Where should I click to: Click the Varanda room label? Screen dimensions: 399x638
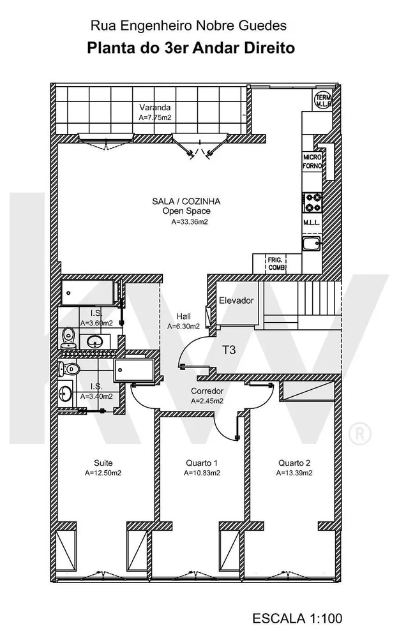point(154,107)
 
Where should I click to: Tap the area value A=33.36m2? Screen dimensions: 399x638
point(190,222)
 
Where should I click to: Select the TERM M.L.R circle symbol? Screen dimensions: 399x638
point(324,100)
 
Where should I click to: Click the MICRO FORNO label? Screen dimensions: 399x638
point(312,161)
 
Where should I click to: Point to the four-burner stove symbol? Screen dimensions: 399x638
point(313,203)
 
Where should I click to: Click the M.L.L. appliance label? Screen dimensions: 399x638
point(312,223)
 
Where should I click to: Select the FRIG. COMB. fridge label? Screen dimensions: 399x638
point(276,263)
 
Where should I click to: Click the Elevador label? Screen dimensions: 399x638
point(236,300)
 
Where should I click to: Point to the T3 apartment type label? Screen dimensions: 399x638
point(229,350)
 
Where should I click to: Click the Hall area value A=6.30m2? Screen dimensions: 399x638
point(183,326)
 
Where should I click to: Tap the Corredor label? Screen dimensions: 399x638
point(207,391)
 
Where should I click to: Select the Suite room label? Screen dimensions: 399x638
point(103,463)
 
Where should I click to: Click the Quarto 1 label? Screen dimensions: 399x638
point(202,463)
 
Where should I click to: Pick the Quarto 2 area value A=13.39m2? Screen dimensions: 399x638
point(294,473)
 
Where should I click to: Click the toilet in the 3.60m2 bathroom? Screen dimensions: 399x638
point(68,338)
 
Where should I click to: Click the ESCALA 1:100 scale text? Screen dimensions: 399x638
point(297,618)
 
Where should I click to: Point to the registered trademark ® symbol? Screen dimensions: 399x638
point(360,433)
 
